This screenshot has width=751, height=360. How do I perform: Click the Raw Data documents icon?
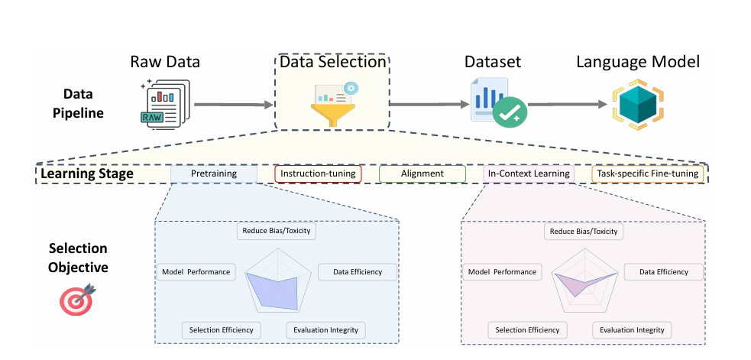165,104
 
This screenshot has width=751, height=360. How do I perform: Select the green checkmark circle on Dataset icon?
510,113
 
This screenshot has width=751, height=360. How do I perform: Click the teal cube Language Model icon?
638,105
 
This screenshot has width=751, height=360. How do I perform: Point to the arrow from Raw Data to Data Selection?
233,105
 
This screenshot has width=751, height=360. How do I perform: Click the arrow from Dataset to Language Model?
568,104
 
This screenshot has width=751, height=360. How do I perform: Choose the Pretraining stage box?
214,174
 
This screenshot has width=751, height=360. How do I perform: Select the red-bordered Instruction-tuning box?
318,174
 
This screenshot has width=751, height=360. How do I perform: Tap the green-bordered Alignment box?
422,174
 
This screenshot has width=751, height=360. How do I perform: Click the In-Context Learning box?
528,174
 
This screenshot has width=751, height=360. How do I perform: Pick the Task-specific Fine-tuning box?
648,174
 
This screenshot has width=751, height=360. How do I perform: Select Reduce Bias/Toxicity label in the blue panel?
277,231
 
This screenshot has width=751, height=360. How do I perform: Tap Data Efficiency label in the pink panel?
664,272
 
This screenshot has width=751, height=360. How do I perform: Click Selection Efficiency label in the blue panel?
222,329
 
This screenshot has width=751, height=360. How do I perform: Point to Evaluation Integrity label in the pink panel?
633,329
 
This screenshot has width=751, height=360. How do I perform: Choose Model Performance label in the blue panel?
196,272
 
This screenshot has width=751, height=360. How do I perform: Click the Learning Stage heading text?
86,173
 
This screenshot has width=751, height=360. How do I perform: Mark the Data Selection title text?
333,63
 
